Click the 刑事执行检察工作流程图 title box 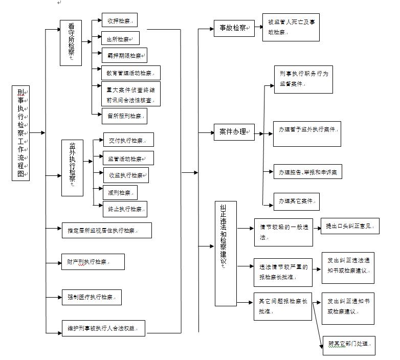(20, 133)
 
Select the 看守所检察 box (71, 42)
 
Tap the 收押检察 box (119, 20)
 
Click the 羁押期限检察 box (124, 55)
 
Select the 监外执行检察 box (72, 168)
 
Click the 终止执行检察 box (125, 209)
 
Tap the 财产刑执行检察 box (93, 262)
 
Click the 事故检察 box (234, 28)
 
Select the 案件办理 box (234, 132)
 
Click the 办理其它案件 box (297, 201)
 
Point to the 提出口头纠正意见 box (350, 226)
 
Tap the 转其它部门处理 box (349, 345)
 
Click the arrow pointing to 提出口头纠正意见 (316, 226)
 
